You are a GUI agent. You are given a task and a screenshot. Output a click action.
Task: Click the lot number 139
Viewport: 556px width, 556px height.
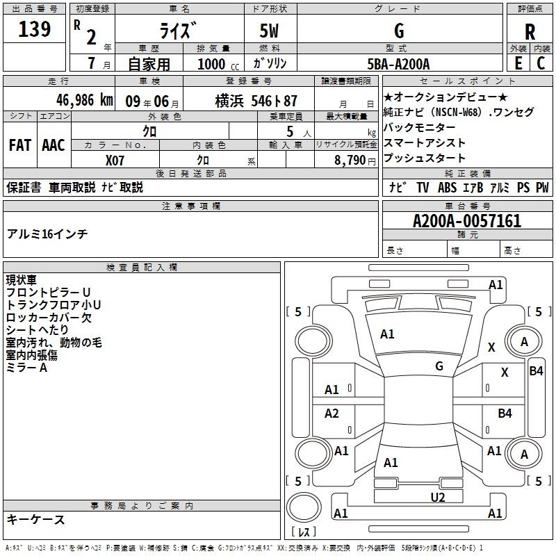click(34, 28)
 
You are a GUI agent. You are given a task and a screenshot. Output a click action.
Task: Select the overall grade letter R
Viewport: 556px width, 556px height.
click(530, 32)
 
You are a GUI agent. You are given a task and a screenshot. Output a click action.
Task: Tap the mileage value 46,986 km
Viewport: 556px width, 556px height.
click(85, 100)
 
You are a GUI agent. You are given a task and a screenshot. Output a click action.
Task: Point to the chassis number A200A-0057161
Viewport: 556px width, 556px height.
click(467, 221)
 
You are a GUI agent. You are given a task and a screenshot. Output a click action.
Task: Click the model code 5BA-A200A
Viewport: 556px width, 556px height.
click(398, 64)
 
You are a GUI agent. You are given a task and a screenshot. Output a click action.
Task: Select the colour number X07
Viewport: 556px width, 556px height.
click(115, 161)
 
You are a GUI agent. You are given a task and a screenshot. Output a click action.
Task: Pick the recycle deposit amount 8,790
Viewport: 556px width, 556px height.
click(350, 160)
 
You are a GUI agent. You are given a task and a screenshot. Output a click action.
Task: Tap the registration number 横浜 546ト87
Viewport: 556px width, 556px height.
click(256, 101)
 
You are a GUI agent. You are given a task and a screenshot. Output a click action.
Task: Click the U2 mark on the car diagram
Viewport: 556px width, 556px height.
click(438, 497)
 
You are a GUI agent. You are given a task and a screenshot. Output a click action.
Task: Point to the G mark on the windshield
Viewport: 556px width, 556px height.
click(439, 366)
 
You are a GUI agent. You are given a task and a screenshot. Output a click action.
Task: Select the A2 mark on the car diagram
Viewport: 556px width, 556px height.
click(332, 413)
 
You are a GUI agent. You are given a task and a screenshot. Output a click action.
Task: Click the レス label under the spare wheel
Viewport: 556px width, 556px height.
click(304, 532)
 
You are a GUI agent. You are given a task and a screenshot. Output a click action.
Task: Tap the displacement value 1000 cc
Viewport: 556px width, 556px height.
click(218, 64)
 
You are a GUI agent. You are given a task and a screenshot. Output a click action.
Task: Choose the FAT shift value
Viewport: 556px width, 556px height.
click(20, 145)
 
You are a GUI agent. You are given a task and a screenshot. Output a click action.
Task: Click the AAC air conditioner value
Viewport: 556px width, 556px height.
click(54, 145)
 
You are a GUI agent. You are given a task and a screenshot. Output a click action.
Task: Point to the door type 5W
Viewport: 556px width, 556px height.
click(269, 31)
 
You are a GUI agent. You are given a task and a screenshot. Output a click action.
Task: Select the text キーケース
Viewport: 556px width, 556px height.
click(36, 519)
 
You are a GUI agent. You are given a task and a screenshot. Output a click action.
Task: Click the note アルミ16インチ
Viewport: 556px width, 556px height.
click(47, 234)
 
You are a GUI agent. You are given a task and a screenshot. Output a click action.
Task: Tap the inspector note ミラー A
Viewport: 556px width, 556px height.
click(26, 368)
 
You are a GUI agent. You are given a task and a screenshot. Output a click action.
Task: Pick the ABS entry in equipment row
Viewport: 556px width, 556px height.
click(447, 187)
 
